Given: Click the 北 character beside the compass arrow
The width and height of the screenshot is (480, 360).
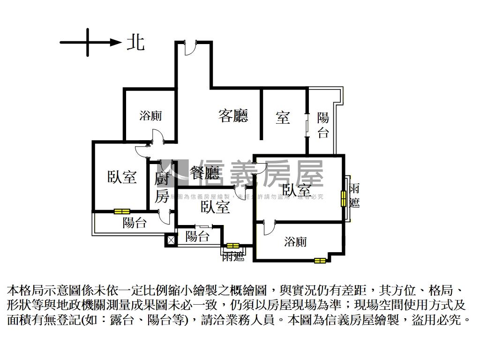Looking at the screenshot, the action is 135,43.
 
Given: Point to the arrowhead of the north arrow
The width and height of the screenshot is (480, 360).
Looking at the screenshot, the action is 116,43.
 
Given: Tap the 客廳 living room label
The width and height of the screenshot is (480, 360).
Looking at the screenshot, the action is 233,115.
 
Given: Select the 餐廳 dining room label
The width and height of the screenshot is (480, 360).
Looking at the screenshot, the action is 205,174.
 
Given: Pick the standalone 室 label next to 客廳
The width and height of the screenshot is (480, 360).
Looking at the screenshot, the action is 283,117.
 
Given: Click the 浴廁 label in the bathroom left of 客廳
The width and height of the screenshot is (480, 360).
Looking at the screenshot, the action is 150,115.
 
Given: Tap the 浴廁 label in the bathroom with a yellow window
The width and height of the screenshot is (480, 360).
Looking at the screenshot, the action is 296,242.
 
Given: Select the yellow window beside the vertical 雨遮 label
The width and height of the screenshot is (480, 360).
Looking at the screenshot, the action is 343,199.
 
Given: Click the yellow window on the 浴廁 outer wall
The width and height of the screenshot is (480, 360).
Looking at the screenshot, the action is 320,260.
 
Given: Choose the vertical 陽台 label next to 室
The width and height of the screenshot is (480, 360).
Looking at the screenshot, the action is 323,125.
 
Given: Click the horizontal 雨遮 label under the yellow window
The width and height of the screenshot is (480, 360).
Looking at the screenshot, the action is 233,256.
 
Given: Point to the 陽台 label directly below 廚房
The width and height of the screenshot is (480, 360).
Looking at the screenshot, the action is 135,223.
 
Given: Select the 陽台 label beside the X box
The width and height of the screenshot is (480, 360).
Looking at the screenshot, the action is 197,237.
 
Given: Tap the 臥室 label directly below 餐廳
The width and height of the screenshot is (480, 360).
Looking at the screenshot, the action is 215,207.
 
